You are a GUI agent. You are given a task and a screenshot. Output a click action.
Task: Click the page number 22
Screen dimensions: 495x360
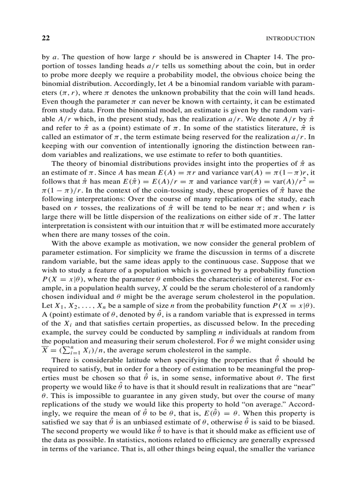(45, 38)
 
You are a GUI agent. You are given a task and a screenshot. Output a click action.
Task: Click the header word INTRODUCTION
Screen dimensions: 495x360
(290, 39)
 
